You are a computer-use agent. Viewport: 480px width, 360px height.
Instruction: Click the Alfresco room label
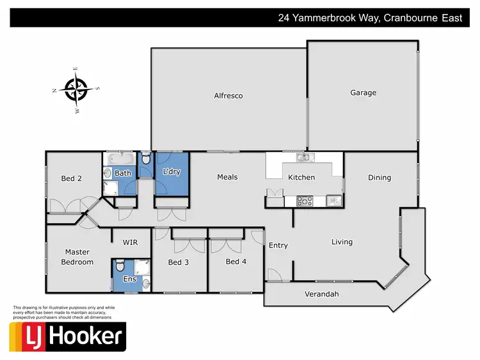[228, 96]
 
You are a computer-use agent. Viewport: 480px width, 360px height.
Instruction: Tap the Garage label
[363, 93]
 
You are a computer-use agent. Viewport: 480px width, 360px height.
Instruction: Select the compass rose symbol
[77, 90]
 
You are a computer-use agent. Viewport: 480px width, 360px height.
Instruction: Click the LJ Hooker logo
[67, 336]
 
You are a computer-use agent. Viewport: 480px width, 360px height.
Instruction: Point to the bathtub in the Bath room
[120, 159]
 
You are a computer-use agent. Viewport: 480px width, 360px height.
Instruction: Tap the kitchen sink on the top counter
[302, 157]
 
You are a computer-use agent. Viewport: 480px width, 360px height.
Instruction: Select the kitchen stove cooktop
[305, 201]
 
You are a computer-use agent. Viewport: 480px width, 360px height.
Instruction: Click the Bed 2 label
[71, 179]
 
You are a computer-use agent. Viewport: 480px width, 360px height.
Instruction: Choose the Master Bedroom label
[77, 257]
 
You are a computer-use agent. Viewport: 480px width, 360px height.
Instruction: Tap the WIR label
[131, 242]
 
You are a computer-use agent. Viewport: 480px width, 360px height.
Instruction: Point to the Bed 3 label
[178, 262]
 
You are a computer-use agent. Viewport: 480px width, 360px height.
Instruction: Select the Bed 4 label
[236, 262]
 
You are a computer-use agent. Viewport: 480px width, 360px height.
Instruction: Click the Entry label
[278, 246]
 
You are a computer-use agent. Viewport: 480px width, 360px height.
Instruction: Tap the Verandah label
[321, 294]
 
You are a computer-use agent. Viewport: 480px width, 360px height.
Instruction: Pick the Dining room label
[380, 178]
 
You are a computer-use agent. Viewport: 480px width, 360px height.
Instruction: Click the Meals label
[227, 177]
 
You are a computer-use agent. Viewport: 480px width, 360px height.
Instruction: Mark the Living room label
[342, 242]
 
